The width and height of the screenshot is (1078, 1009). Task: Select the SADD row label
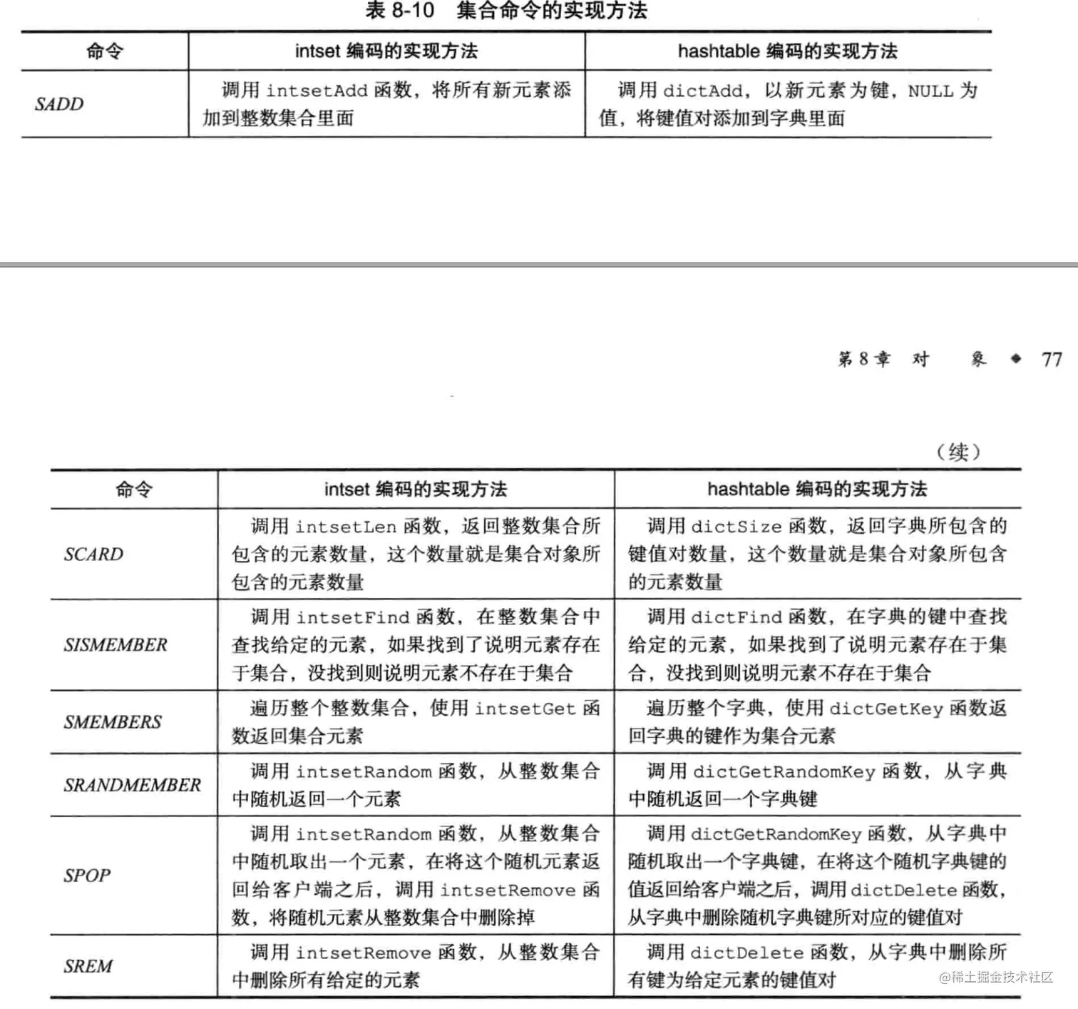[59, 104]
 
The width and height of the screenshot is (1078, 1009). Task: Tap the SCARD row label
[93, 554]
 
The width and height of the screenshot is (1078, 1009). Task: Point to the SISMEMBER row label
[115, 645]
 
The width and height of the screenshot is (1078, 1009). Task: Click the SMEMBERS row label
[113, 722]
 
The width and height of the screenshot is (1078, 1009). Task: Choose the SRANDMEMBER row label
[133, 785]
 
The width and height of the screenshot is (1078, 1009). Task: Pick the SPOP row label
[87, 876]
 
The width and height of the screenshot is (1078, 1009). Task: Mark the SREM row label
[88, 966]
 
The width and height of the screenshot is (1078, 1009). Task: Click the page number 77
[1052, 359]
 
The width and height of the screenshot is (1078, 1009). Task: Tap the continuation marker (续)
[958, 452]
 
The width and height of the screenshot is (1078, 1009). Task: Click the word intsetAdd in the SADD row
[317, 91]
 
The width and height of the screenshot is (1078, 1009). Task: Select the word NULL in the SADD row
[930, 91]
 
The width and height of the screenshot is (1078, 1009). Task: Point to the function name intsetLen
[346, 527]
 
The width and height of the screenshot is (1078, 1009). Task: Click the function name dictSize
[736, 527]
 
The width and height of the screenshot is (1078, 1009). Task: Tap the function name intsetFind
[353, 617]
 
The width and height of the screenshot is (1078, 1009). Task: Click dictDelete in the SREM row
[747, 953]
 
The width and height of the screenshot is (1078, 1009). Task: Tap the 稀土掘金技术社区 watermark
[996, 977]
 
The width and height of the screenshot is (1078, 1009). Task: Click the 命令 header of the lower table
[134, 490]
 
